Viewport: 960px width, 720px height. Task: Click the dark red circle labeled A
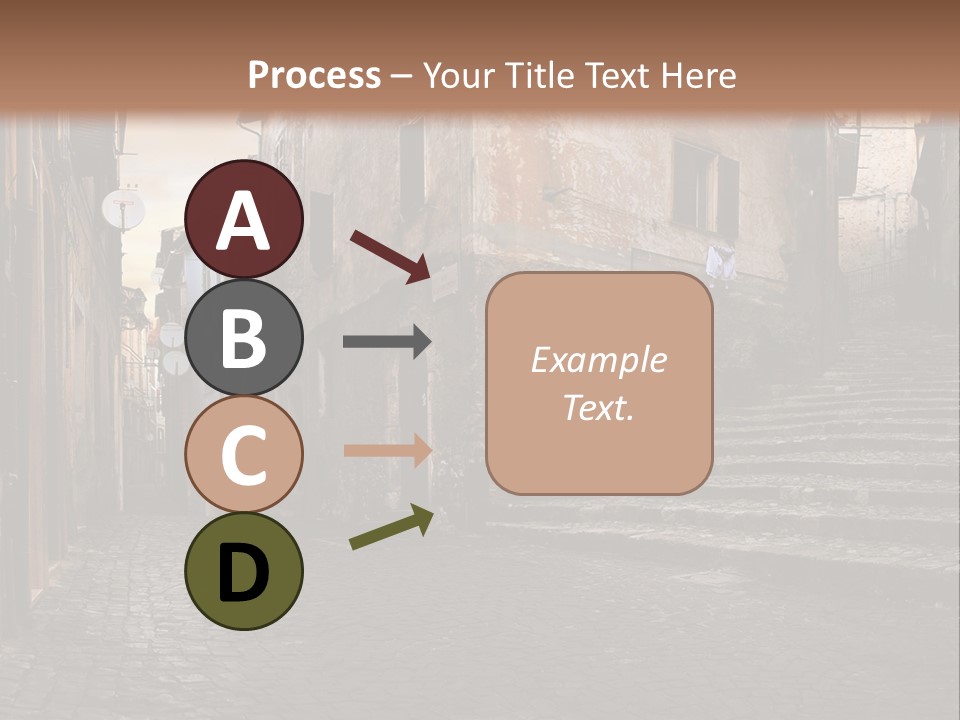click(x=244, y=220)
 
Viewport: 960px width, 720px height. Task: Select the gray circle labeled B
click(x=244, y=337)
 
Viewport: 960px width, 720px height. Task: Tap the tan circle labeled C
click(x=244, y=455)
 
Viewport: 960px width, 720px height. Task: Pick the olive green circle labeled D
click(x=244, y=572)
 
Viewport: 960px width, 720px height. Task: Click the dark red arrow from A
click(x=390, y=255)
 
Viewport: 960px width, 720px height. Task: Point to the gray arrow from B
click(x=387, y=342)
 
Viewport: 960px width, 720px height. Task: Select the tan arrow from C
click(x=387, y=450)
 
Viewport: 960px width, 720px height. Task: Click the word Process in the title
click(x=314, y=75)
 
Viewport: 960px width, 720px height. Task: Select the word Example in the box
click(x=598, y=360)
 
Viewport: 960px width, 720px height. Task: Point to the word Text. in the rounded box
click(x=598, y=407)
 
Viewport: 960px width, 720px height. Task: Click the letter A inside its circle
click(x=244, y=221)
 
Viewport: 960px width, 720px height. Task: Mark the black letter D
click(x=244, y=573)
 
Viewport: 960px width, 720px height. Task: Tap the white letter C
click(x=244, y=456)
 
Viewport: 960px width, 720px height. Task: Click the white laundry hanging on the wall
click(x=720, y=263)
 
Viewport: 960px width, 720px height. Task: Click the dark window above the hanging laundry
click(x=704, y=187)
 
